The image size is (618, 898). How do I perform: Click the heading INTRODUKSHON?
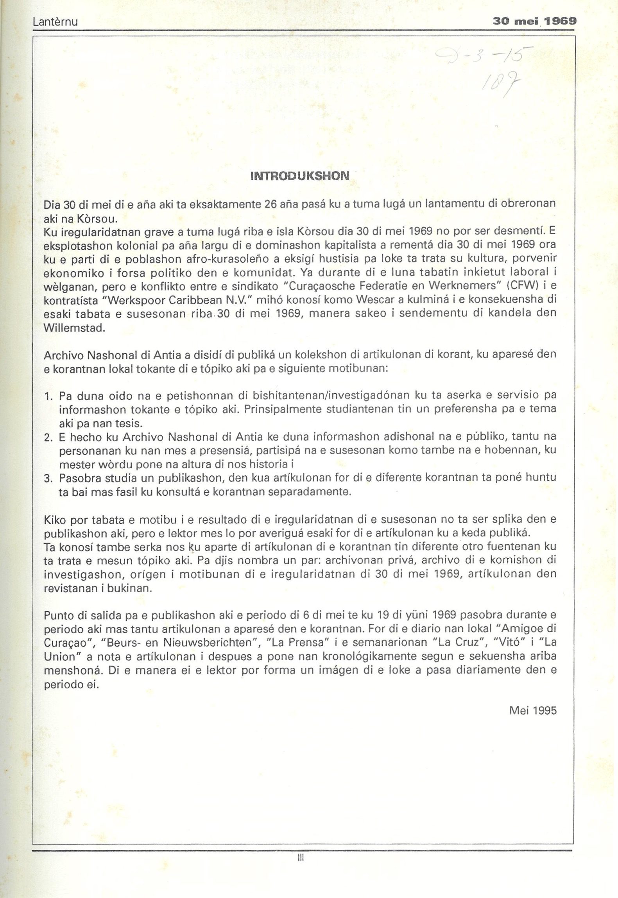[x=300, y=176]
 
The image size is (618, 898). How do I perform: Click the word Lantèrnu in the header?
[x=55, y=22]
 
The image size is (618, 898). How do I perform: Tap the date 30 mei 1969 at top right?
[x=535, y=21]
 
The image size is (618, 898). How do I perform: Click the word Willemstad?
[x=75, y=328]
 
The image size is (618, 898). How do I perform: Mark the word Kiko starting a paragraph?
[x=55, y=520]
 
